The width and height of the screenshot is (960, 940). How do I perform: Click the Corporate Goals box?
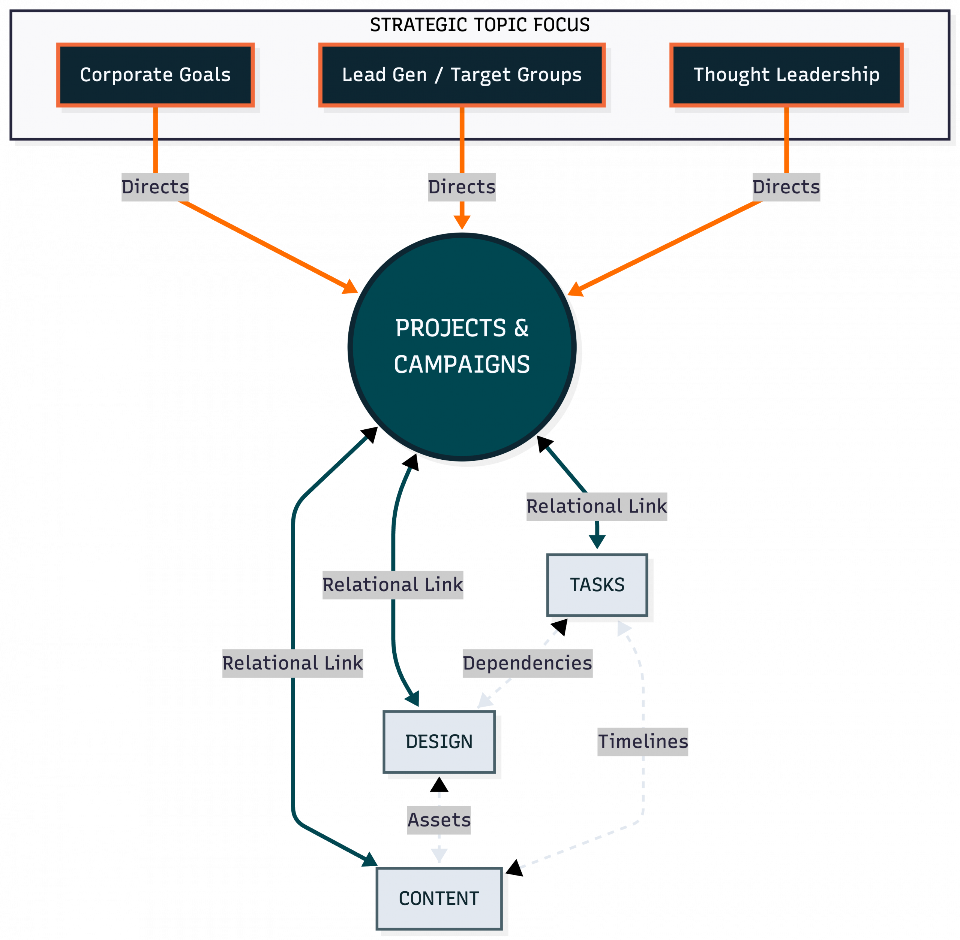tap(155, 75)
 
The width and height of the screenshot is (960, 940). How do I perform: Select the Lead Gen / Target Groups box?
tap(462, 75)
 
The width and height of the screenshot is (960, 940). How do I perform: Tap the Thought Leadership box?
tap(786, 75)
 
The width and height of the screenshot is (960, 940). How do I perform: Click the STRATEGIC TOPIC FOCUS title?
tap(479, 25)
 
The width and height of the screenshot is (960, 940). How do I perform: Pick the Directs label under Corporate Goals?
tap(155, 187)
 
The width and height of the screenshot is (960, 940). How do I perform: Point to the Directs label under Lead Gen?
tap(462, 187)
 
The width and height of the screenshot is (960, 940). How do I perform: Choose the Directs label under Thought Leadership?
tap(786, 187)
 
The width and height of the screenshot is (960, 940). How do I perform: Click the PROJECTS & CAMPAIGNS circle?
tap(462, 347)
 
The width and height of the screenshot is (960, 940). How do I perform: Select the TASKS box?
tap(597, 585)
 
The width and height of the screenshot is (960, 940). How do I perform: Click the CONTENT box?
tap(439, 898)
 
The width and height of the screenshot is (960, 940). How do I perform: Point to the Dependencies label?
tap(527, 664)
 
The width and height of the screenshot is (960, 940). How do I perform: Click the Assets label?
tap(439, 820)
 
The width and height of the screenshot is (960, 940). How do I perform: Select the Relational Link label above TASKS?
tap(596, 507)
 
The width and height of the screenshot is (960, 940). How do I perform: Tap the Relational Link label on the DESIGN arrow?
tap(392, 585)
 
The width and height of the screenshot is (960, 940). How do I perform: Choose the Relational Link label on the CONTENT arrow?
tap(292, 664)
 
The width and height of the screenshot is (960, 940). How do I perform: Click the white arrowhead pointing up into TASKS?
tap(624, 628)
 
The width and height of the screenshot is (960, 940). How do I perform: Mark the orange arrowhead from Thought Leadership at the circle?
tap(574, 289)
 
